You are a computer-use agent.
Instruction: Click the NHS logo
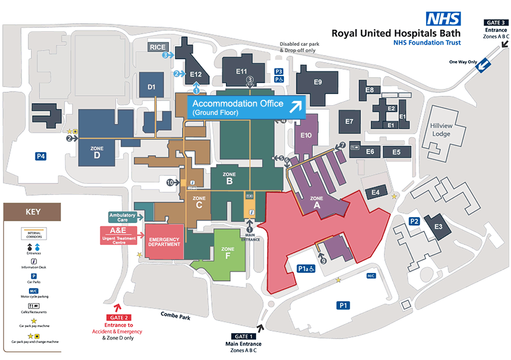(444, 19)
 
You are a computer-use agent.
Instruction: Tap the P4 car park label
(41, 156)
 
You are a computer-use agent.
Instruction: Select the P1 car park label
(343, 305)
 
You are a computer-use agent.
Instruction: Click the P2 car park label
(414, 221)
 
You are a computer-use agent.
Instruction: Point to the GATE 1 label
(244, 336)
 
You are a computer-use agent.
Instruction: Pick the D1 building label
(152, 88)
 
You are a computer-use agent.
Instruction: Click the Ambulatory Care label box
(123, 217)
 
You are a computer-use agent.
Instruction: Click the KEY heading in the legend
(33, 211)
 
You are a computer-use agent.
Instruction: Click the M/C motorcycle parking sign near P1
(371, 276)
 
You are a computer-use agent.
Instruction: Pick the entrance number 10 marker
(170, 182)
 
